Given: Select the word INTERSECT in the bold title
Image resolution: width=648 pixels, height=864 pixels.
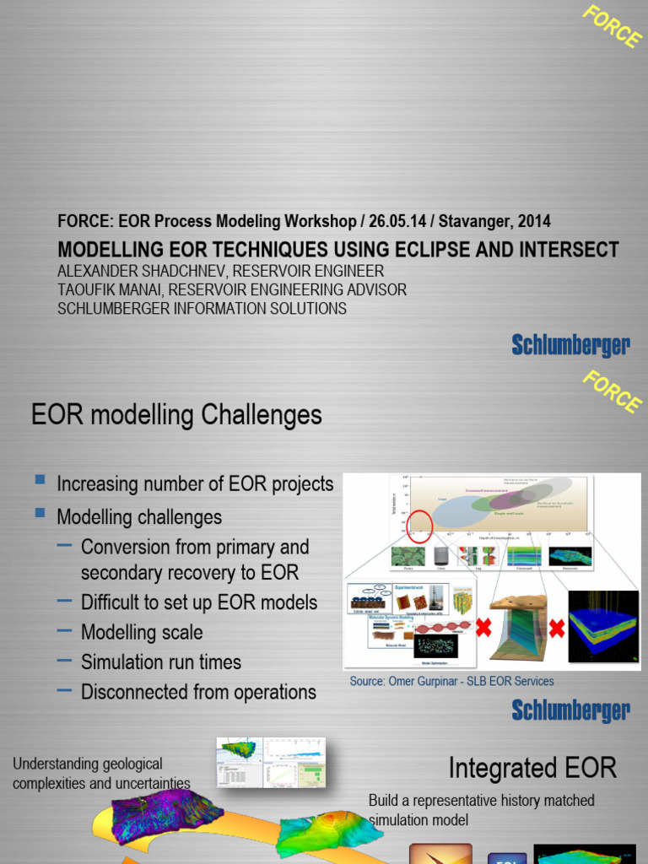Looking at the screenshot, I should pos(560,250).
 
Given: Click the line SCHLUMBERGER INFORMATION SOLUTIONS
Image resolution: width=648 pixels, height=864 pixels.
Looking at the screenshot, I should pos(202,308).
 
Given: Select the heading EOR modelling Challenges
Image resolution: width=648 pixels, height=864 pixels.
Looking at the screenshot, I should pos(176,415).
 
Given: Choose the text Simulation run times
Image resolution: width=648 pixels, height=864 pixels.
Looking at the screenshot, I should pos(161,662).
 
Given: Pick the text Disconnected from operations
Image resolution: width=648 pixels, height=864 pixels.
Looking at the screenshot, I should pos(198,693).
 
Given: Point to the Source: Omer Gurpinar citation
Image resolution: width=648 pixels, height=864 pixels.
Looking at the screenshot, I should pos(451,681).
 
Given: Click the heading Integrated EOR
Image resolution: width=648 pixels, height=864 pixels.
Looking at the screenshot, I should pos(532,768).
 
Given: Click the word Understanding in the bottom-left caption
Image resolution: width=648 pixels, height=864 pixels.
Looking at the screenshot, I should pos(52,764).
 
